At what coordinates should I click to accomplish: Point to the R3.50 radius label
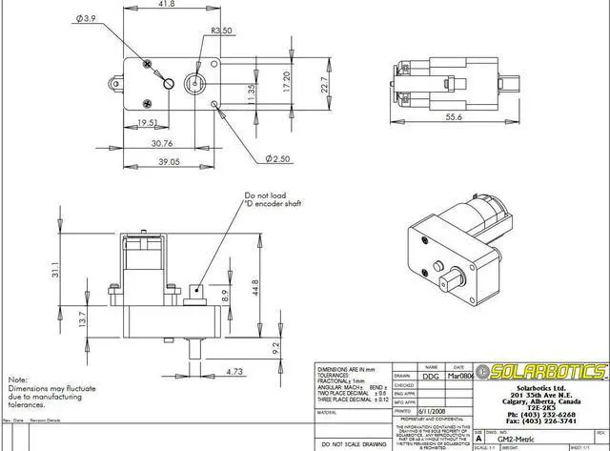pyautogui.click(x=221, y=31)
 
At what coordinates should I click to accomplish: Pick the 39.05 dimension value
pyautogui.click(x=143, y=163)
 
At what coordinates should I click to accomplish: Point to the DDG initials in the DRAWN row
pyautogui.click(x=431, y=377)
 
